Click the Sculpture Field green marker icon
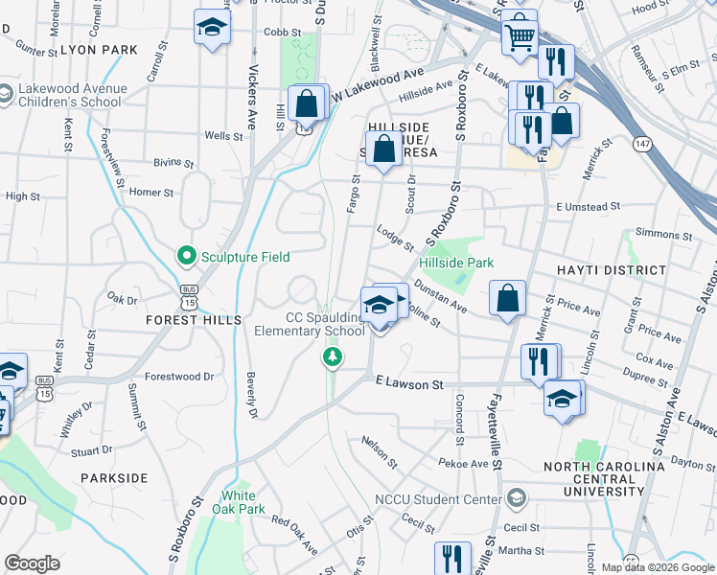187,256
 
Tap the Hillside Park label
455,262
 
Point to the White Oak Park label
238,502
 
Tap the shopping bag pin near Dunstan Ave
507,297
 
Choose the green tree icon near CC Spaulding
332,357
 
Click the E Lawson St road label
409,384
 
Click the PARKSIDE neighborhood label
114,477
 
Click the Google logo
32,563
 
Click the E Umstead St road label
589,206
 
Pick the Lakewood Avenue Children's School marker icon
8,97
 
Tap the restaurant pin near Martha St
452,559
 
